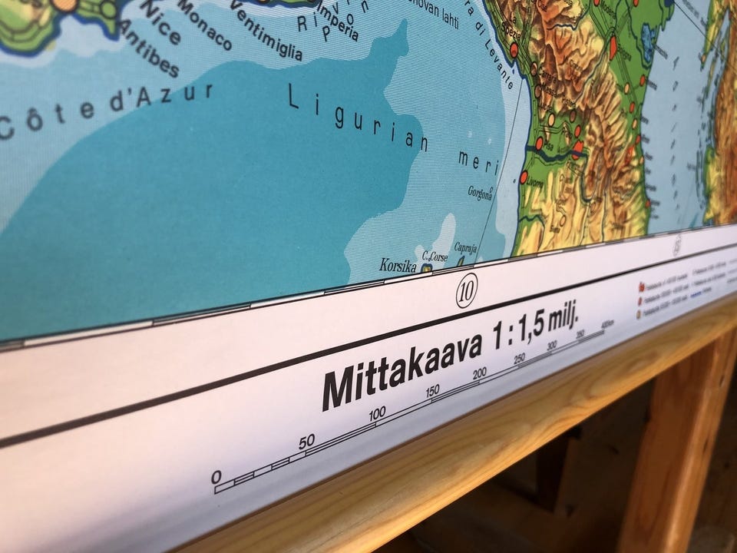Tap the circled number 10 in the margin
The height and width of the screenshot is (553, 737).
[x=467, y=291]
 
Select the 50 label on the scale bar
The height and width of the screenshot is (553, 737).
[x=306, y=441]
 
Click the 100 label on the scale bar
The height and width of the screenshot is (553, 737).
[x=377, y=414]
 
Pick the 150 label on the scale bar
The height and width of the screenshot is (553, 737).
[x=432, y=391]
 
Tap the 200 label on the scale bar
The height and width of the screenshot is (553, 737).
[x=480, y=374]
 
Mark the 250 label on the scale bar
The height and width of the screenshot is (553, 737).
[x=520, y=358]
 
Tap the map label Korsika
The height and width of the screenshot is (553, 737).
[x=398, y=266]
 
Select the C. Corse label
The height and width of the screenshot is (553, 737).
[x=435, y=256]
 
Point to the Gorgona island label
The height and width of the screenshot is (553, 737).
[x=480, y=193]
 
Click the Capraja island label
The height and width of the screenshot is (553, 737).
[x=466, y=248]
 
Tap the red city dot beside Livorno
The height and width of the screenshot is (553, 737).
[x=524, y=177]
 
